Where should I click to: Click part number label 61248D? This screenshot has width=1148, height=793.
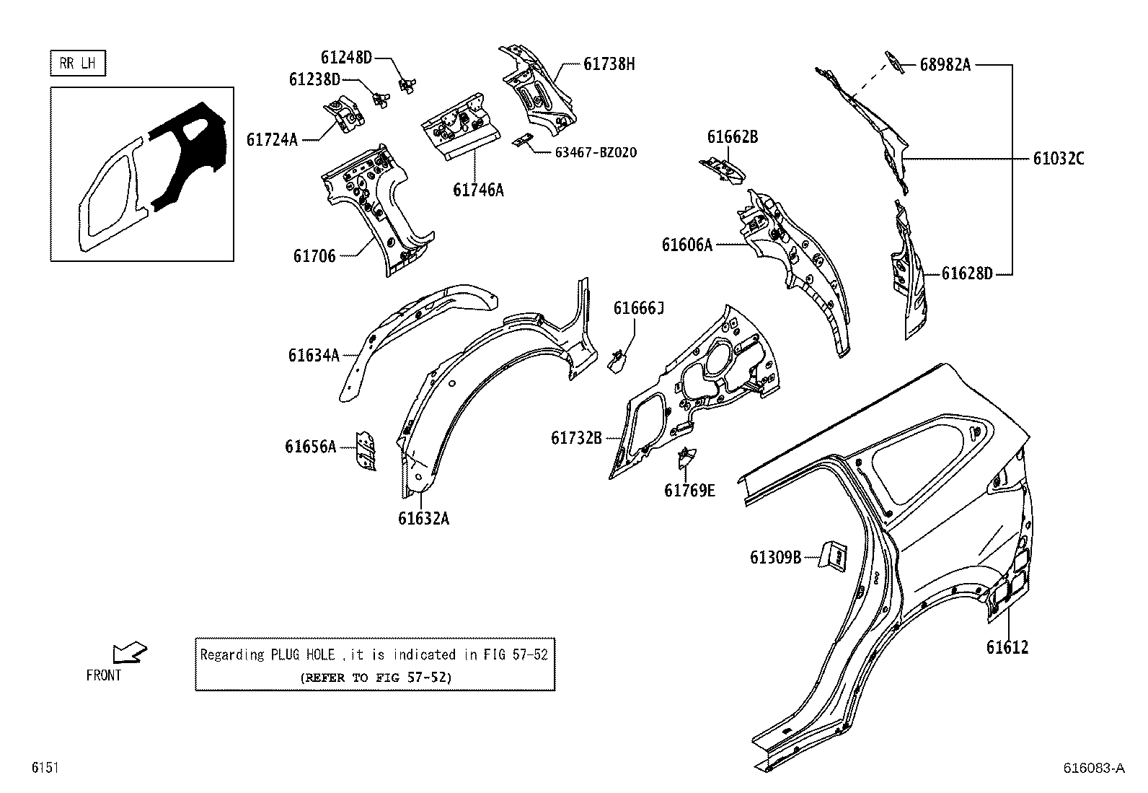coord(346,57)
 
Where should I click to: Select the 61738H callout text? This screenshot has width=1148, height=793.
coord(609,64)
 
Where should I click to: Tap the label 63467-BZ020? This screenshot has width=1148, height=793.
coord(596,153)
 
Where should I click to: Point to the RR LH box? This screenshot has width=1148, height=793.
coord(78,63)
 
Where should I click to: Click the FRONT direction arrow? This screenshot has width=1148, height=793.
coord(130,653)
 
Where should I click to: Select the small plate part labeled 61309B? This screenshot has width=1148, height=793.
coord(834,556)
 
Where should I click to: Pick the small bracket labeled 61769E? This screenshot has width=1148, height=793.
coord(687,458)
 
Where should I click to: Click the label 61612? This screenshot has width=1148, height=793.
coord(1007,647)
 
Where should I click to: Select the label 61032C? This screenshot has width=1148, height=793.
coord(1058,159)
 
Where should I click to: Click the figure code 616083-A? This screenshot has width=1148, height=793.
coord(1093,768)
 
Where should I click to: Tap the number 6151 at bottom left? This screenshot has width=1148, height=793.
coord(44,768)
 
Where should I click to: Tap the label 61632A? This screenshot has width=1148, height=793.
coord(423,519)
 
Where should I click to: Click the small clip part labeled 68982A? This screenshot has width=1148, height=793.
coord(893,63)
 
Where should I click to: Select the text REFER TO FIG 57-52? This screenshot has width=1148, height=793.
coord(375,678)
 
